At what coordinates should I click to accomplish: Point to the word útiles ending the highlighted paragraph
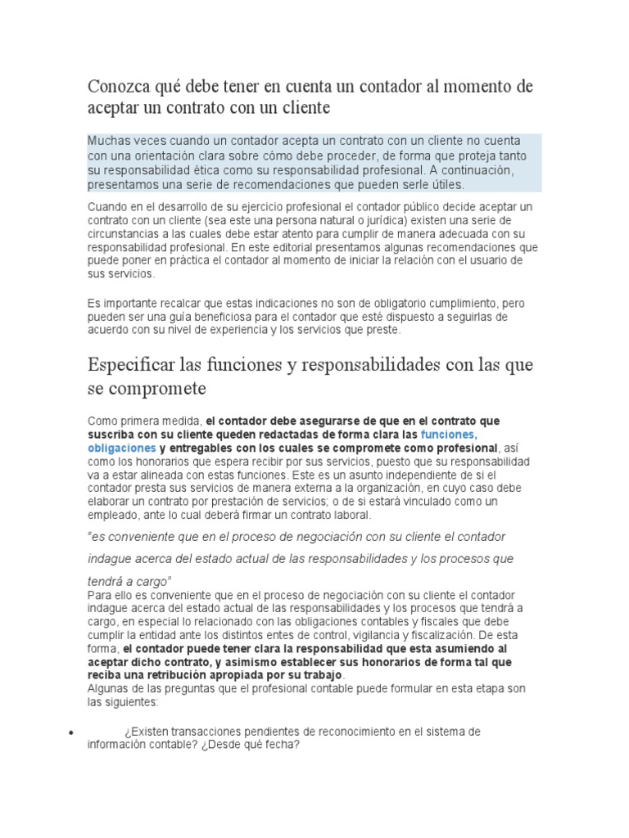pos(447,185)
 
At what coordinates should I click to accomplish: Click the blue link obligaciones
pos(121,448)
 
